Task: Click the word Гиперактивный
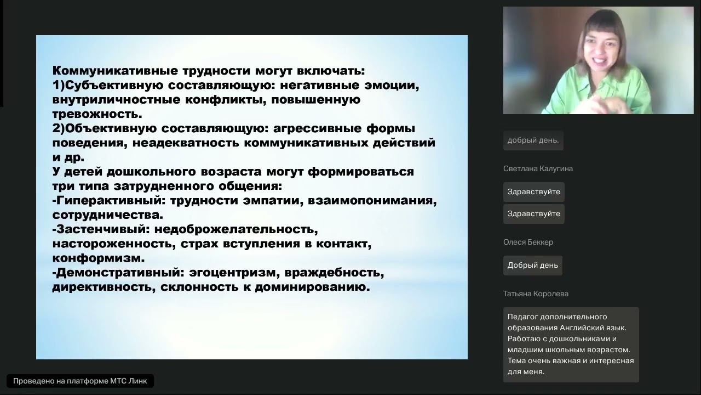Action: click(102, 200)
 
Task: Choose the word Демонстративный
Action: click(117, 272)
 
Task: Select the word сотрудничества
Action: click(107, 215)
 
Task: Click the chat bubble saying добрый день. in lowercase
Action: click(533, 140)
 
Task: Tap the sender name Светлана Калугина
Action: click(538, 168)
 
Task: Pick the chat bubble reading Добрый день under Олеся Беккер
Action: click(532, 266)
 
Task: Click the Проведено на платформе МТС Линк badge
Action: click(80, 381)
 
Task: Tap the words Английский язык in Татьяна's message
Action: click(597, 328)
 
